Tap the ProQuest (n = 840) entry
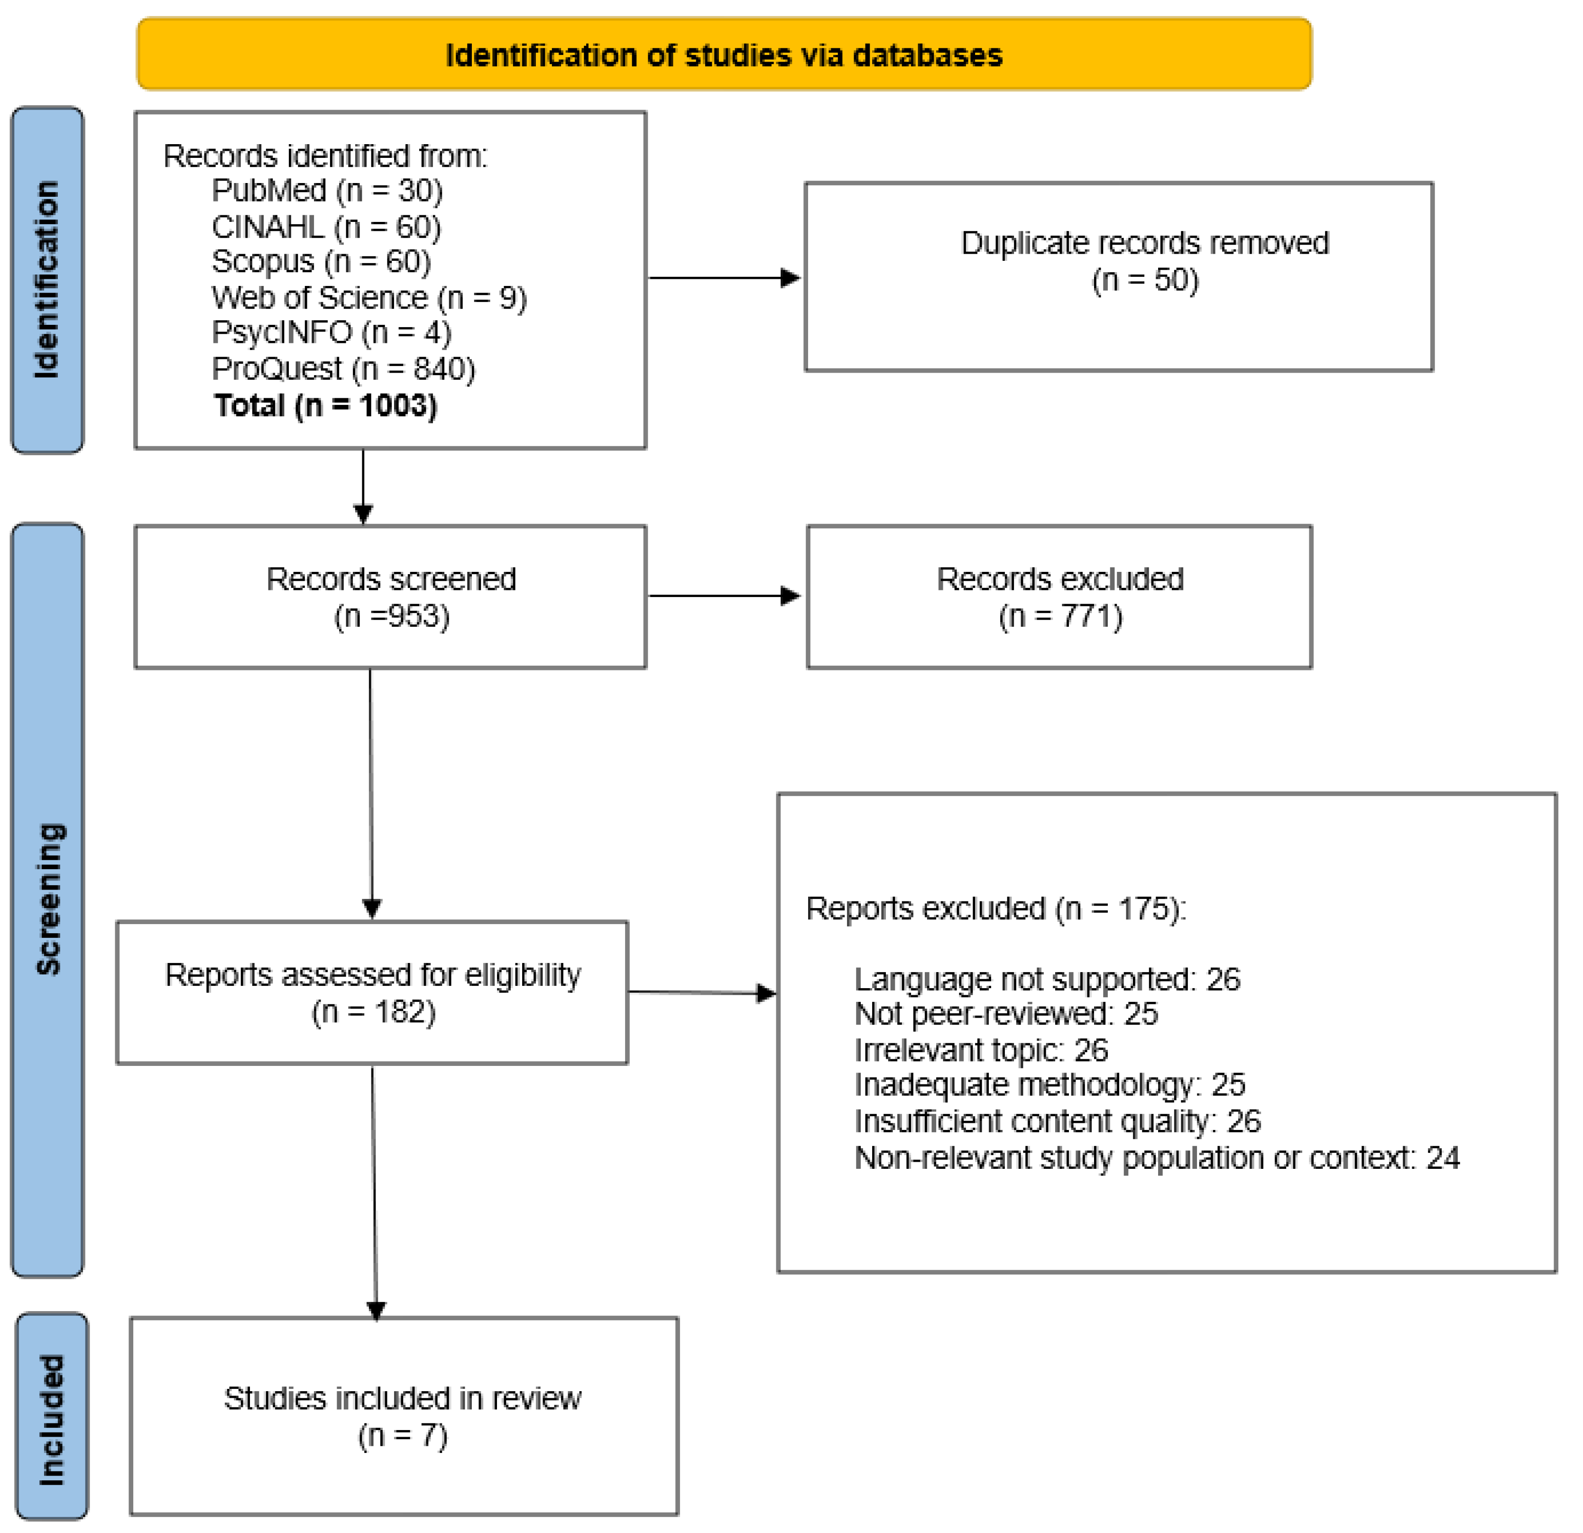(x=343, y=369)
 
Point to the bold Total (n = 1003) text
(x=325, y=405)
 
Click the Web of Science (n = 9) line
(x=369, y=298)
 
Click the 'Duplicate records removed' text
(x=1144, y=243)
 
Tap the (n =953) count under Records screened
(x=392, y=616)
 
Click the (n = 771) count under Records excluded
(x=1060, y=616)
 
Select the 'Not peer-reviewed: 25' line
(x=1005, y=1014)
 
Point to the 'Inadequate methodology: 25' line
(x=1049, y=1085)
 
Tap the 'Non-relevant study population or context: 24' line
(x=1157, y=1158)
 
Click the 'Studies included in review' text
(x=402, y=1399)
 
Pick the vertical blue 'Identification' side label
(x=47, y=279)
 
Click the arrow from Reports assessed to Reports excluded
(x=701, y=992)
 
